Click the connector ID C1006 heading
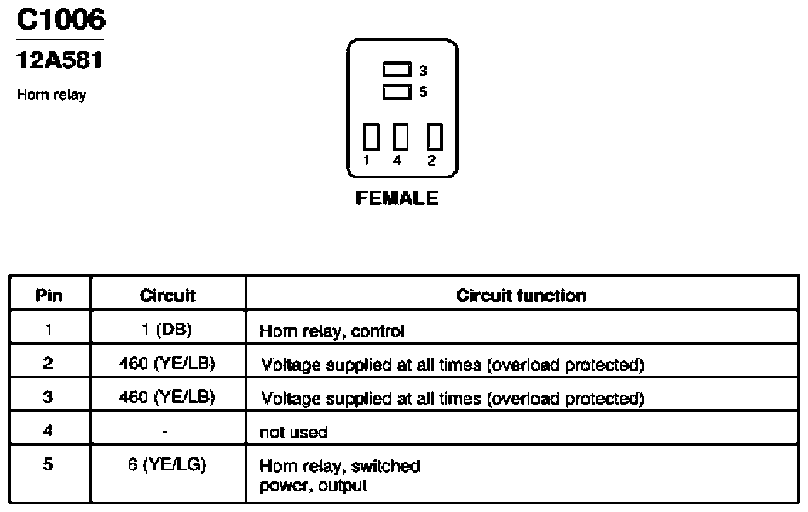point(61,20)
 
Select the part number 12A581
point(60,60)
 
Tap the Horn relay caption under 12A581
point(51,95)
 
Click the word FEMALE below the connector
point(397,198)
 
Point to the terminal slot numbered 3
point(397,69)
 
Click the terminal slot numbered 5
point(397,92)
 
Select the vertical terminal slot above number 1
point(371,136)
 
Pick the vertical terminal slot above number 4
point(401,136)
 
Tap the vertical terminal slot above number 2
point(435,136)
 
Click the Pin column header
point(49,295)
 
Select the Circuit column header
point(167,295)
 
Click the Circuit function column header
point(521,295)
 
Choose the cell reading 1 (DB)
point(166,329)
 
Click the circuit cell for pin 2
point(167,363)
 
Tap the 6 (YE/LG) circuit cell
point(167,464)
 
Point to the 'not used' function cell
point(293,432)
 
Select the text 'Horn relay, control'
point(332,331)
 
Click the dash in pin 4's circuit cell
point(164,432)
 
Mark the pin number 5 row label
point(48,464)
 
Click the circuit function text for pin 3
point(453,398)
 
